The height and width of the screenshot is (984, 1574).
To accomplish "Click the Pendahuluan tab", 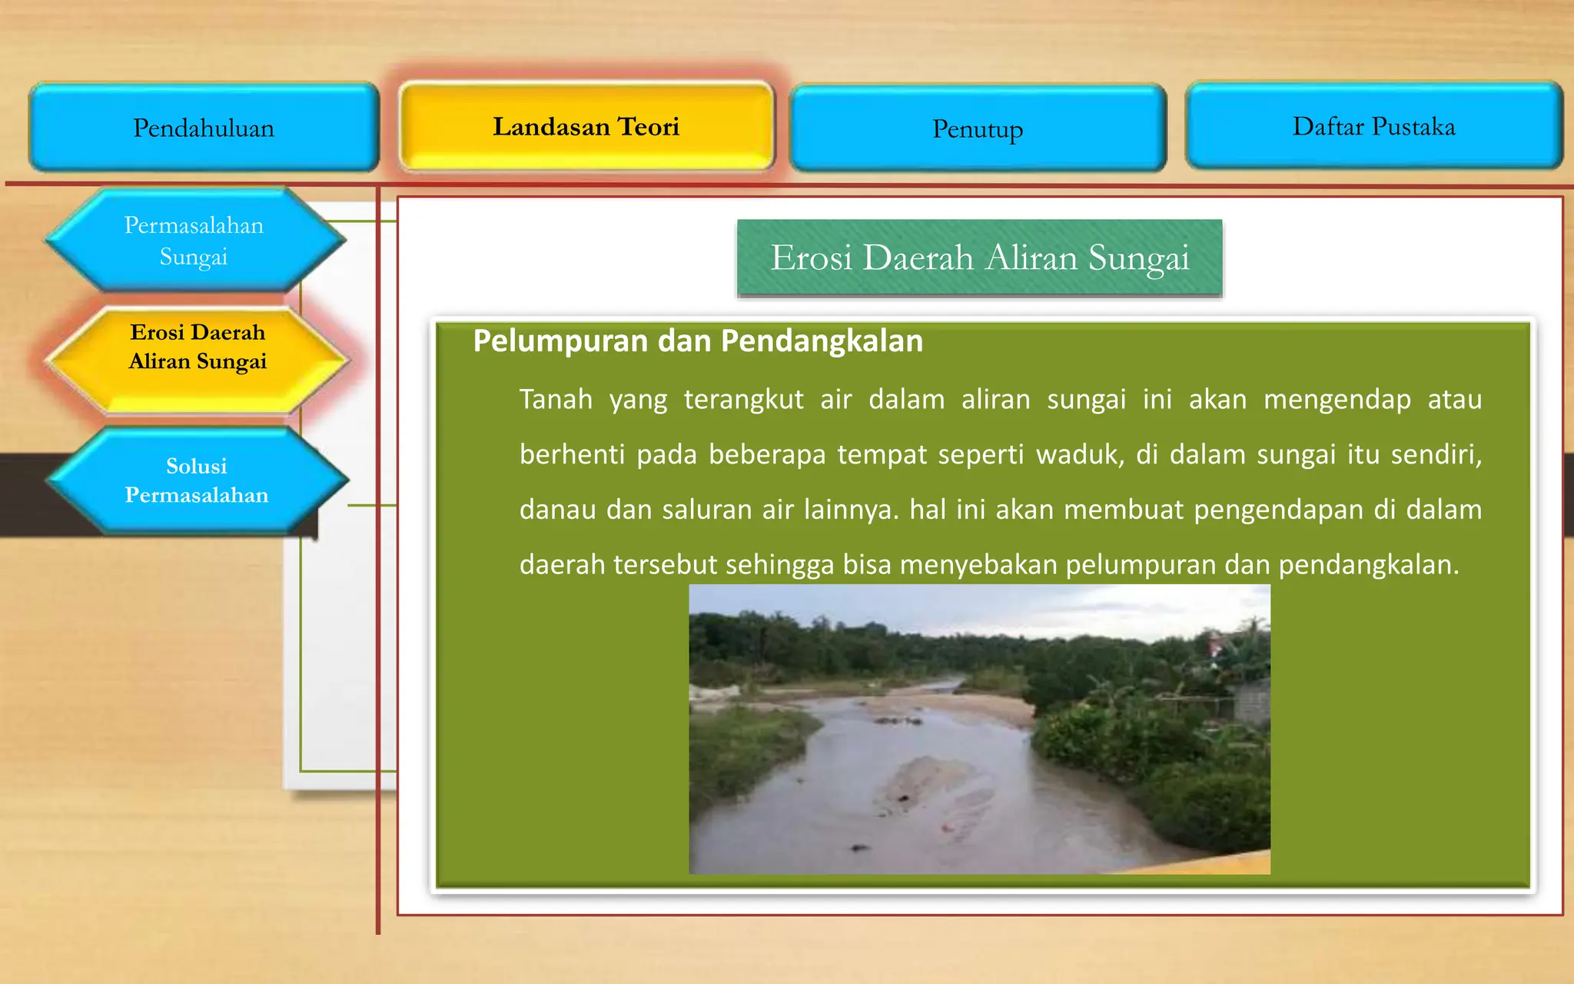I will pos(204,128).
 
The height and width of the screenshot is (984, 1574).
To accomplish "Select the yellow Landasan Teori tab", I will pos(586,127).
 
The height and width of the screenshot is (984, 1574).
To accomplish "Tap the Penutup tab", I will pos(978,129).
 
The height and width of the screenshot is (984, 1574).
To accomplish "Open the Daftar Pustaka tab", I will pos(1373,126).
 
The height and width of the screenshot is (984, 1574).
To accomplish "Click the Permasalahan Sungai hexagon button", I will pos(194,240).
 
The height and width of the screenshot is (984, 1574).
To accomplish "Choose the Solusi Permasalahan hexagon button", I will pos(197,480).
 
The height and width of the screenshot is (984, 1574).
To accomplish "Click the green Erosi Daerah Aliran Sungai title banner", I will pos(979,258).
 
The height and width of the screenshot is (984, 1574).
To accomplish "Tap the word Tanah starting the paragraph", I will pos(556,400).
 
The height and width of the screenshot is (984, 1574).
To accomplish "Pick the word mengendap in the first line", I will pos(1337,400).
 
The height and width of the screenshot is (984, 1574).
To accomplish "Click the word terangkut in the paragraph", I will pos(743,400).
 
